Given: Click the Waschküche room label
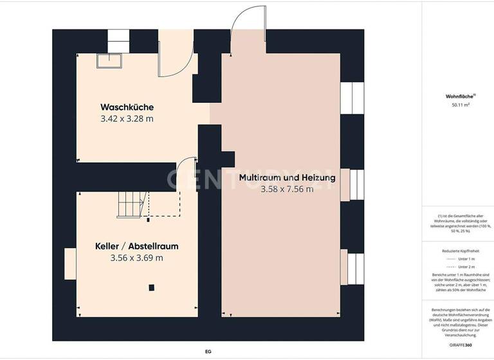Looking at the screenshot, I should coord(127,107).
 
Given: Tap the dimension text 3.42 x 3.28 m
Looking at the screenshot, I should coord(127,119).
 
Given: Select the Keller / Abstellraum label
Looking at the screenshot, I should coord(136,246).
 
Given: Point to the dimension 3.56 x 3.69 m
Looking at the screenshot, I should coord(136,258).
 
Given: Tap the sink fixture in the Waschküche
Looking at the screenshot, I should coord(110,60).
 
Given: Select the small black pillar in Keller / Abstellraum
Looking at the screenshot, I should coord(151,287).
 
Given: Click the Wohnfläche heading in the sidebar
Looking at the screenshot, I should coord(458,96).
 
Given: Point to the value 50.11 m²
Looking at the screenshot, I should coord(460,104).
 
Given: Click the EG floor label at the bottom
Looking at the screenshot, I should coord(208,352).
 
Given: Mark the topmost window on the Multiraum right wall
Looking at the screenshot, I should coord(351,98).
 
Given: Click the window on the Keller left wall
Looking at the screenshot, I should coord(69,265).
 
